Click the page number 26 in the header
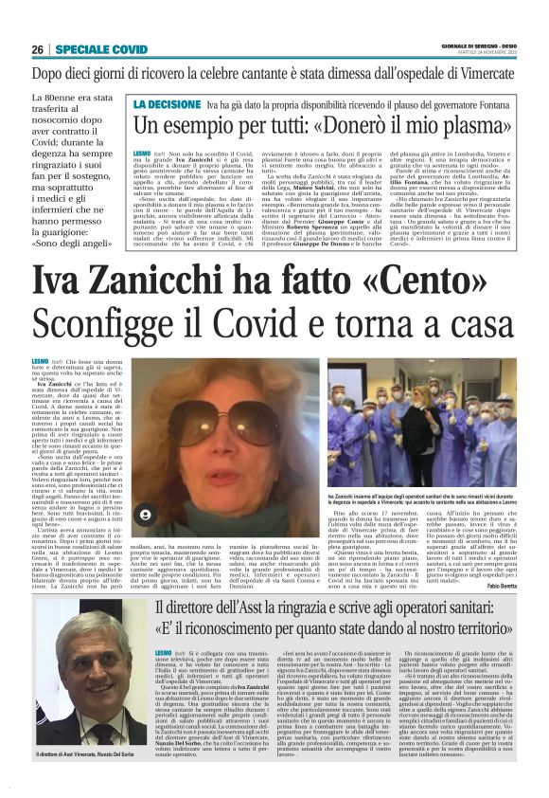[37, 48]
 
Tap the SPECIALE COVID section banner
[99, 48]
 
